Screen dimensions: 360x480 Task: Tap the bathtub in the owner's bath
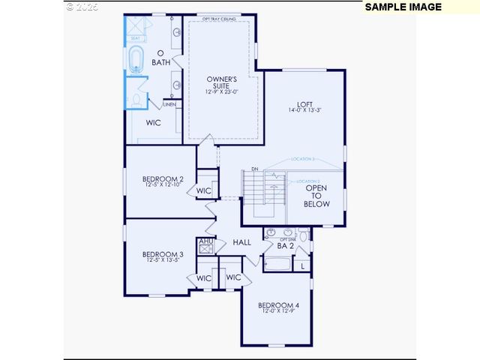coord(136,59)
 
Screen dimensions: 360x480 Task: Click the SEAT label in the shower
coord(136,38)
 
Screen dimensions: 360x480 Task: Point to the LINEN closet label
coord(169,104)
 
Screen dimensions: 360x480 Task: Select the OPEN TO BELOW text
coord(316,196)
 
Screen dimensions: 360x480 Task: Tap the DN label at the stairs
coord(255,169)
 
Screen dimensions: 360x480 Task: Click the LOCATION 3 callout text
coord(302,159)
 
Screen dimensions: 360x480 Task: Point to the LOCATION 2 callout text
coord(308,181)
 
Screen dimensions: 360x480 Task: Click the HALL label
coord(241,242)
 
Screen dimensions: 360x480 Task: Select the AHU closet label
coord(205,241)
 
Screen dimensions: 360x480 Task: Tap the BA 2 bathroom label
coord(285,245)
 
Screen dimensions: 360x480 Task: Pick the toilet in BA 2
coord(303,235)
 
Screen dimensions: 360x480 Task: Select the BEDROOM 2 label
coord(163,179)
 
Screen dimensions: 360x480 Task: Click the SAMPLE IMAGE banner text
coord(403,7)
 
